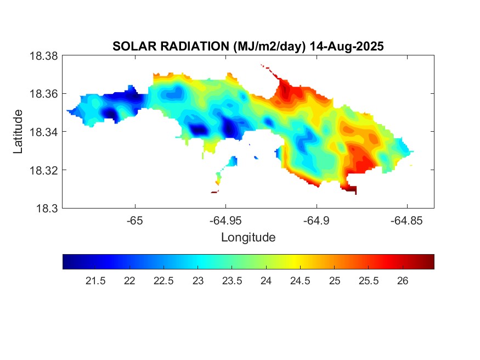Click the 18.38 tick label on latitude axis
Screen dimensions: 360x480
point(43,55)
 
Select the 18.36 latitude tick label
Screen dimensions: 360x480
point(43,94)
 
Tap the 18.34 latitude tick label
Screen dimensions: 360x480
point(43,132)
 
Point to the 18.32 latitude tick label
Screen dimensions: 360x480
point(43,170)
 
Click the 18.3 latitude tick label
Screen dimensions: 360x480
point(46,208)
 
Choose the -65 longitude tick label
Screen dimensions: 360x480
point(135,221)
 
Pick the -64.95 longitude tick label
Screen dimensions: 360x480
point(225,221)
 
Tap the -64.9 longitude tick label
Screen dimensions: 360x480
point(316,221)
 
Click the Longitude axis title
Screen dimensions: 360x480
point(248,238)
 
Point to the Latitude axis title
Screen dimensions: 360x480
point(19,132)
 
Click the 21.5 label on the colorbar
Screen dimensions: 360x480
point(95,281)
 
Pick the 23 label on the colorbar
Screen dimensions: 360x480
point(198,281)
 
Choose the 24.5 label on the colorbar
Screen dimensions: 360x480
point(300,281)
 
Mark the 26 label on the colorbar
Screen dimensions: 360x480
point(402,281)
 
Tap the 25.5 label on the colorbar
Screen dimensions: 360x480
point(368,281)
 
